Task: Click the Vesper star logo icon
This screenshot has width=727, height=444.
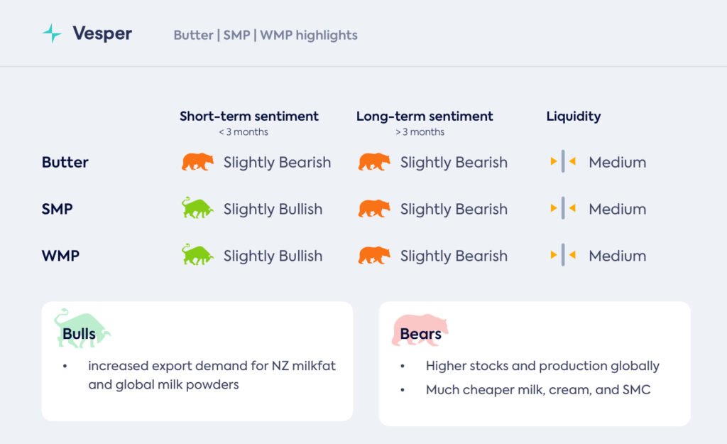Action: tap(52, 33)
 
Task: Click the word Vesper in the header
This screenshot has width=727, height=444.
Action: tap(102, 33)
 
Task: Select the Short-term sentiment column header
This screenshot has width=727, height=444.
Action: tap(249, 116)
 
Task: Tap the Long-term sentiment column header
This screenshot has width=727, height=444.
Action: tap(425, 116)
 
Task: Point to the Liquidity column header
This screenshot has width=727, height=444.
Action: tap(573, 116)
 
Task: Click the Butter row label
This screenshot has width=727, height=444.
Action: tap(65, 162)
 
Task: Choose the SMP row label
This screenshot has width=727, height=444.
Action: tap(57, 209)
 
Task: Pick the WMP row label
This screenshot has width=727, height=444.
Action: tap(60, 256)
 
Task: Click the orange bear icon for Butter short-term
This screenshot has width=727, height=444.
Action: tap(197, 162)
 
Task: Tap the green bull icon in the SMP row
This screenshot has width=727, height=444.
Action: tap(197, 208)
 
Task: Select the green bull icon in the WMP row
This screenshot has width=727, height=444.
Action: tap(197, 255)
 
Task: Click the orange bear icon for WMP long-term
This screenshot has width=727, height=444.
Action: tap(374, 255)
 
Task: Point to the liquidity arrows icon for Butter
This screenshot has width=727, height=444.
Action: tap(563, 161)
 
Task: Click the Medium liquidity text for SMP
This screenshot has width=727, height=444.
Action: tap(617, 209)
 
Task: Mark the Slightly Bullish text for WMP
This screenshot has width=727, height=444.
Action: tap(273, 256)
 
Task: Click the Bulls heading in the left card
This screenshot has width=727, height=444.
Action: tap(80, 334)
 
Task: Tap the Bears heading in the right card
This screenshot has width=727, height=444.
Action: tap(420, 334)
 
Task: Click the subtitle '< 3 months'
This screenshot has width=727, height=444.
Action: tap(244, 131)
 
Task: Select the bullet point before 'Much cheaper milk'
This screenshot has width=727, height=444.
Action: tap(403, 390)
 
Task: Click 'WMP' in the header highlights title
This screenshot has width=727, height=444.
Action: tap(276, 35)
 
